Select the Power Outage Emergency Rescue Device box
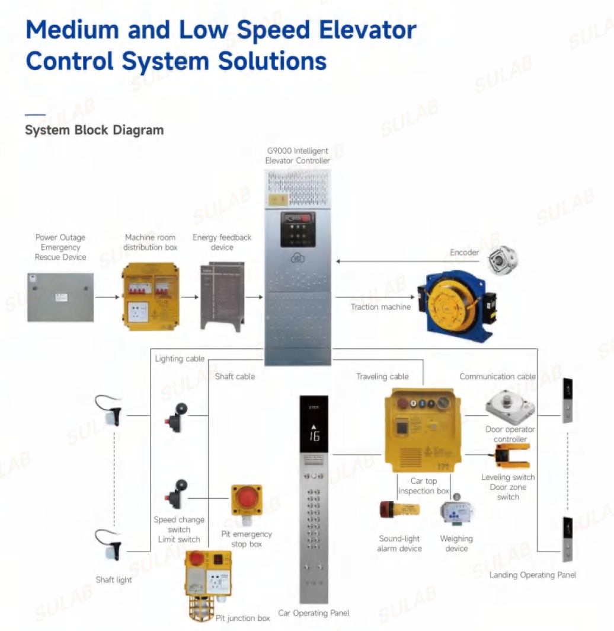click(x=60, y=297)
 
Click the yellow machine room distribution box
click(x=151, y=296)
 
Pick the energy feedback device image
click(x=222, y=296)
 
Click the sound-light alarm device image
click(x=399, y=509)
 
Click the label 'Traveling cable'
click(x=382, y=377)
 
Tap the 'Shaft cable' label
click(x=235, y=377)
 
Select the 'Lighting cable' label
click(x=180, y=359)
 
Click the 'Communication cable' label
click(x=497, y=377)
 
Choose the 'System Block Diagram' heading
click(x=94, y=130)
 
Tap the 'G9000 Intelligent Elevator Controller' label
click(x=298, y=156)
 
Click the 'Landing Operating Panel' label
click(x=532, y=575)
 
